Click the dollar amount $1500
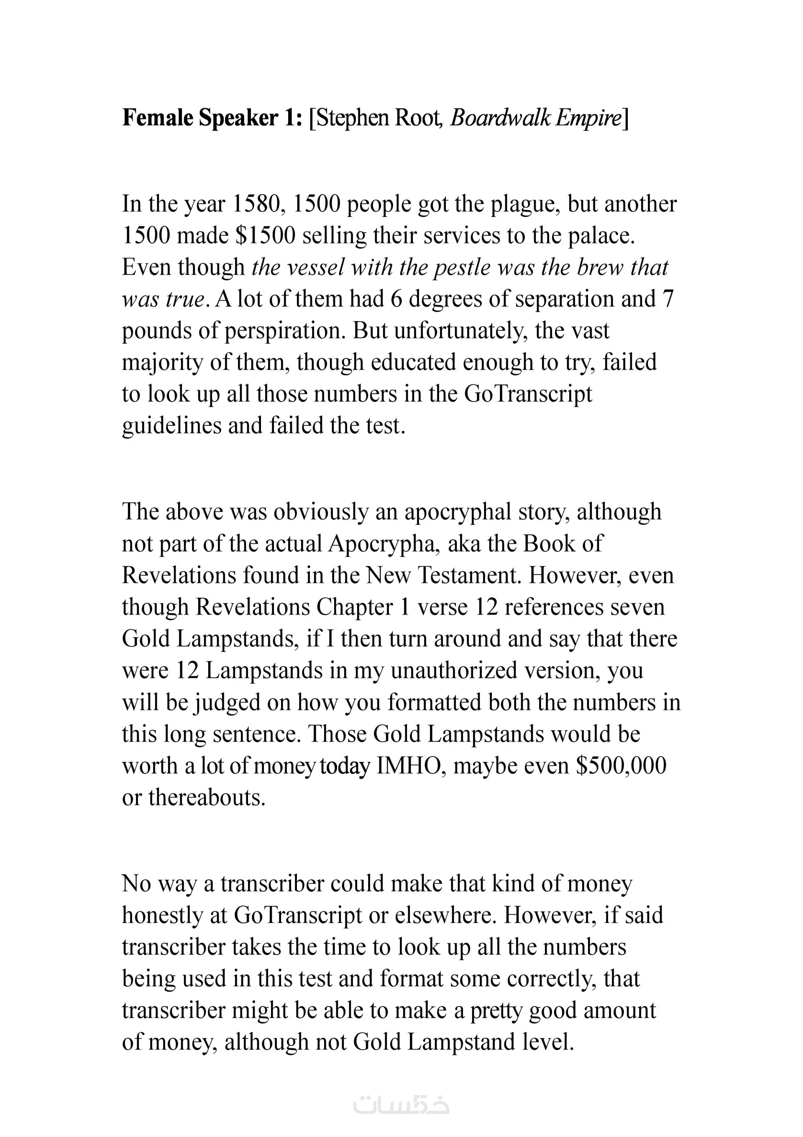[265, 236]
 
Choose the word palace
[601, 236]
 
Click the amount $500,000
[621, 766]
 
